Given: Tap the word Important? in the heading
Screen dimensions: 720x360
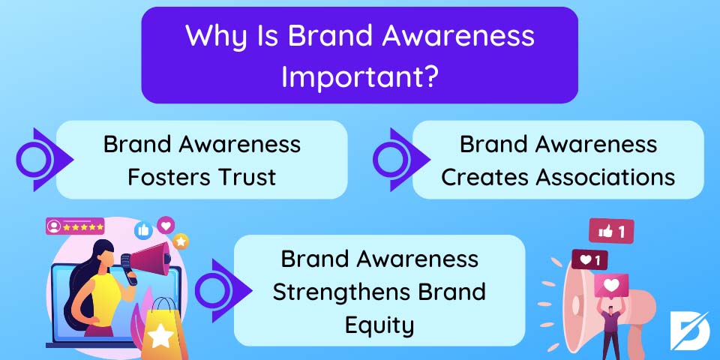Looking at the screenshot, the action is pyautogui.click(x=358, y=77).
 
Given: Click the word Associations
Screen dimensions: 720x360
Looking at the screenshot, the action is pyautogui.click(x=606, y=177).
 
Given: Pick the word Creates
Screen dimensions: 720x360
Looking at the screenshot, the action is pyautogui.click(x=485, y=177).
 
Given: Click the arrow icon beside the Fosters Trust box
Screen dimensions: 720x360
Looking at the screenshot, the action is pyautogui.click(x=43, y=159).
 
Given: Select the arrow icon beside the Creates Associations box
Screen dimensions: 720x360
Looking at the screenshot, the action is pyautogui.click(x=400, y=159).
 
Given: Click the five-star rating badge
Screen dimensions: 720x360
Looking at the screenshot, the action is pyautogui.click(x=75, y=226).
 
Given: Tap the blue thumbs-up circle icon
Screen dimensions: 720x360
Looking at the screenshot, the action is pyautogui.click(x=144, y=230).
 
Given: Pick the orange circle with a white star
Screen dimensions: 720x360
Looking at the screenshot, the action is pyautogui.click(x=181, y=241).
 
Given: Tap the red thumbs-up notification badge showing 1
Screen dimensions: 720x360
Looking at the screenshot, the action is pyautogui.click(x=611, y=231).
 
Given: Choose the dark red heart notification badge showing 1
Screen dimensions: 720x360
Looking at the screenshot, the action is pyautogui.click(x=589, y=260).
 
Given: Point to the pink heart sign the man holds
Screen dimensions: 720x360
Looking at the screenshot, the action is pyautogui.click(x=611, y=286).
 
